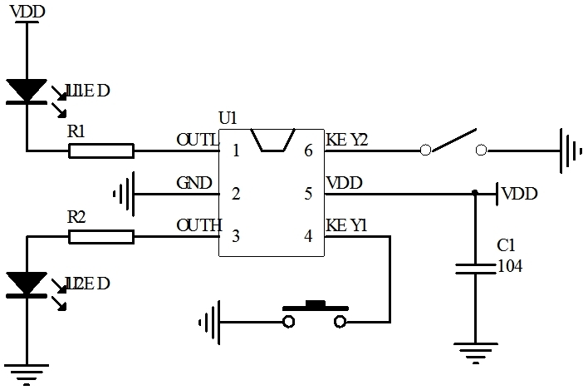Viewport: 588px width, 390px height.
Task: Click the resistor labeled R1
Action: [101, 151]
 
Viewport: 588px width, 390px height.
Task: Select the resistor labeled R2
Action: [101, 237]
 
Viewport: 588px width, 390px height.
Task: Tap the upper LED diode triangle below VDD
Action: [27, 91]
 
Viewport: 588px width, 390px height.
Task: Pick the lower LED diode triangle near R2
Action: [27, 284]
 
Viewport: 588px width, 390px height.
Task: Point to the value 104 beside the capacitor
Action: [509, 266]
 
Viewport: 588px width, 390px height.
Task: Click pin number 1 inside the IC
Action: [237, 151]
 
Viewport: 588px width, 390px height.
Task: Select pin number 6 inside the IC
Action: [308, 151]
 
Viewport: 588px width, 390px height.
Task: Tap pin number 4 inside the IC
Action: [308, 237]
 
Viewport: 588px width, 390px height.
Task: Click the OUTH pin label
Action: [198, 225]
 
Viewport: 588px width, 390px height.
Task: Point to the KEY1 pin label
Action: [346, 225]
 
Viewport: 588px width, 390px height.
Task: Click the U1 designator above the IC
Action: [228, 119]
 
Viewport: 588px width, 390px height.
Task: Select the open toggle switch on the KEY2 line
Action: [453, 143]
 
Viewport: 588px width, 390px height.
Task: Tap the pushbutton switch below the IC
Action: [315, 314]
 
